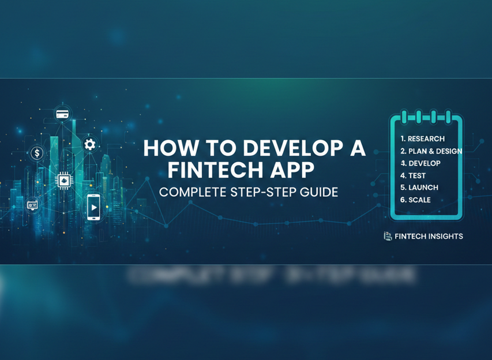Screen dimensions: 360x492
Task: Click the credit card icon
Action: (62, 114)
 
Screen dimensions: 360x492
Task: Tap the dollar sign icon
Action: (37, 153)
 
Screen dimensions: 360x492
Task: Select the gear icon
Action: (89, 144)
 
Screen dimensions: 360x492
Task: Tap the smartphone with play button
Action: (93, 207)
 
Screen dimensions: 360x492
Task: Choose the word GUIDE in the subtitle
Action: (318, 192)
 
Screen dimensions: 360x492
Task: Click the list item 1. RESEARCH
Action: (422, 138)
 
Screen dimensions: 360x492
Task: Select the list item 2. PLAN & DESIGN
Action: (431, 151)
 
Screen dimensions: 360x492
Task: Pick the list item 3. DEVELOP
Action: (420, 163)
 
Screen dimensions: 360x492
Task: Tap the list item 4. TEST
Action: (412, 175)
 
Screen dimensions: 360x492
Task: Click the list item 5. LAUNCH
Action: (419, 187)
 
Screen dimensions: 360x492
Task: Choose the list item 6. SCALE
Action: (415, 200)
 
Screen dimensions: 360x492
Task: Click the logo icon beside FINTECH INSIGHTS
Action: (388, 236)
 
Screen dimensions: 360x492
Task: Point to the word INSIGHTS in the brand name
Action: (445, 236)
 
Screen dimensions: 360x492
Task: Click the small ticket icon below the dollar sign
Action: (32, 204)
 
